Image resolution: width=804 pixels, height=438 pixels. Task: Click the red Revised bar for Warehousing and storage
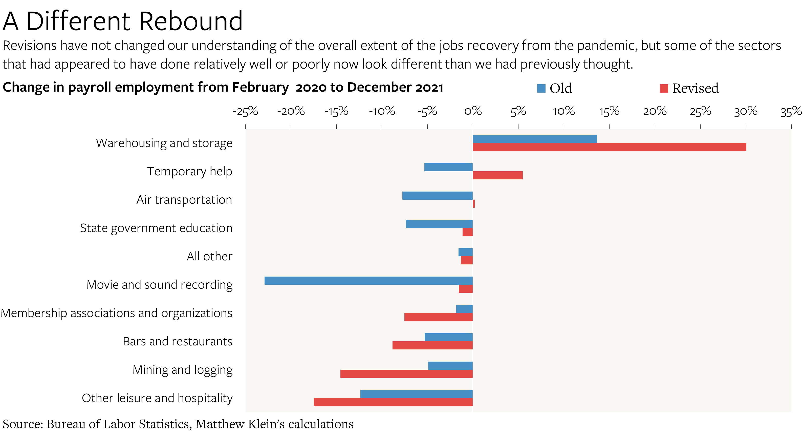(609, 147)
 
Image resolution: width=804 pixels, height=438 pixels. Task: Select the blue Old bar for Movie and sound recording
(368, 280)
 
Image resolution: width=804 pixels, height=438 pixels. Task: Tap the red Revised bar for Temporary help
(497, 175)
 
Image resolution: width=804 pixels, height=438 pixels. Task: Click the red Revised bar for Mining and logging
(406, 374)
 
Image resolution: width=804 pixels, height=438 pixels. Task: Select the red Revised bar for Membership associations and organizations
(438, 317)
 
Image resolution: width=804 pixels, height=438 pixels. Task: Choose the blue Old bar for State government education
(439, 224)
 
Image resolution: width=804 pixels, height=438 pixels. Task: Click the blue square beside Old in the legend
(541, 88)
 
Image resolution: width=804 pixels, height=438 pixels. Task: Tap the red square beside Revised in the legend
(664, 88)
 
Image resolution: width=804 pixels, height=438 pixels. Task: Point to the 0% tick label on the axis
(473, 111)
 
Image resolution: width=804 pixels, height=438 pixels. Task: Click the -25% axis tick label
(245, 111)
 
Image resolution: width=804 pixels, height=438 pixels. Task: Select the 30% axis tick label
(745, 111)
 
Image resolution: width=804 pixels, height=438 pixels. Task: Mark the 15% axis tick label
(609, 111)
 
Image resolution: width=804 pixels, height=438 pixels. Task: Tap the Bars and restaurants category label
(177, 341)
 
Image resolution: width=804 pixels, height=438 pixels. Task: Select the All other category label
(209, 256)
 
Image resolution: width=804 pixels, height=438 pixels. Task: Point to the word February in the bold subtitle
(260, 87)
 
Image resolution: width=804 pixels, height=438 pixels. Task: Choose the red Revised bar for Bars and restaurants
(432, 345)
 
